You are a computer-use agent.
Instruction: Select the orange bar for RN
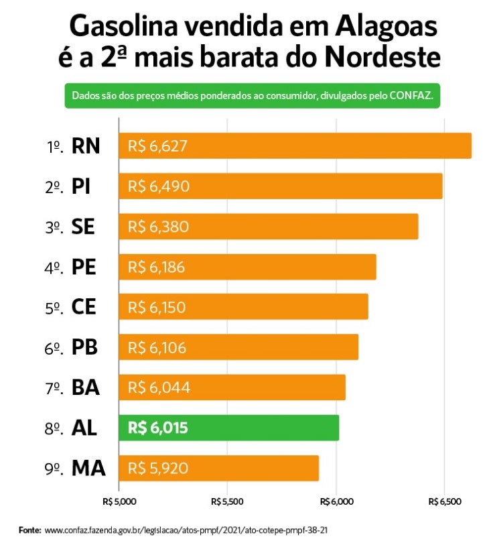point(295,146)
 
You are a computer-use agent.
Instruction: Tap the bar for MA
point(218,468)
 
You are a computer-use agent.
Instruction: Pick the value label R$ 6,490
point(159,186)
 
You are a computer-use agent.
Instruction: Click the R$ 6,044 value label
point(159,387)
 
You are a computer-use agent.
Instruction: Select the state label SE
point(83,227)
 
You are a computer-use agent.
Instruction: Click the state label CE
point(84,308)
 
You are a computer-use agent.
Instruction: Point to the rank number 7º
point(54,388)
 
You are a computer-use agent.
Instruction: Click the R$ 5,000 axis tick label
point(119,501)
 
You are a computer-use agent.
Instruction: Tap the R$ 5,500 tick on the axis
point(227,501)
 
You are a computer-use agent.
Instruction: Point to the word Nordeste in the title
point(382,58)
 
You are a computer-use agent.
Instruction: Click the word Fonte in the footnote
point(30,530)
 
